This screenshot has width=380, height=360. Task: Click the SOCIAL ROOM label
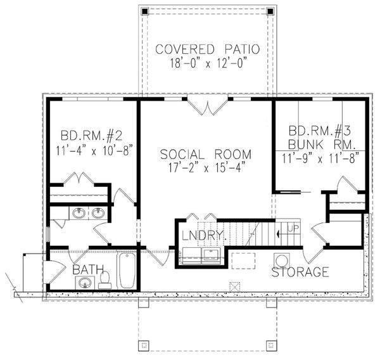pyautogui.click(x=206, y=154)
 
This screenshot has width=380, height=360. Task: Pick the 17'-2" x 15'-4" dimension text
pyautogui.click(x=206, y=168)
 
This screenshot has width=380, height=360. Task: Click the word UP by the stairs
pyautogui.click(x=293, y=228)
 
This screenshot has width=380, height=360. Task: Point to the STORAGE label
pyautogui.click(x=300, y=273)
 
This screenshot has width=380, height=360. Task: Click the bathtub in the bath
pyautogui.click(x=127, y=271)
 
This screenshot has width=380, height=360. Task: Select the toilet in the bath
pyautogui.click(x=105, y=279)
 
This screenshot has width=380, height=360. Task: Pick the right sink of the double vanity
pyautogui.click(x=98, y=213)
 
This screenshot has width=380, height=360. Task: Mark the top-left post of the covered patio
pyautogui.click(x=144, y=11)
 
